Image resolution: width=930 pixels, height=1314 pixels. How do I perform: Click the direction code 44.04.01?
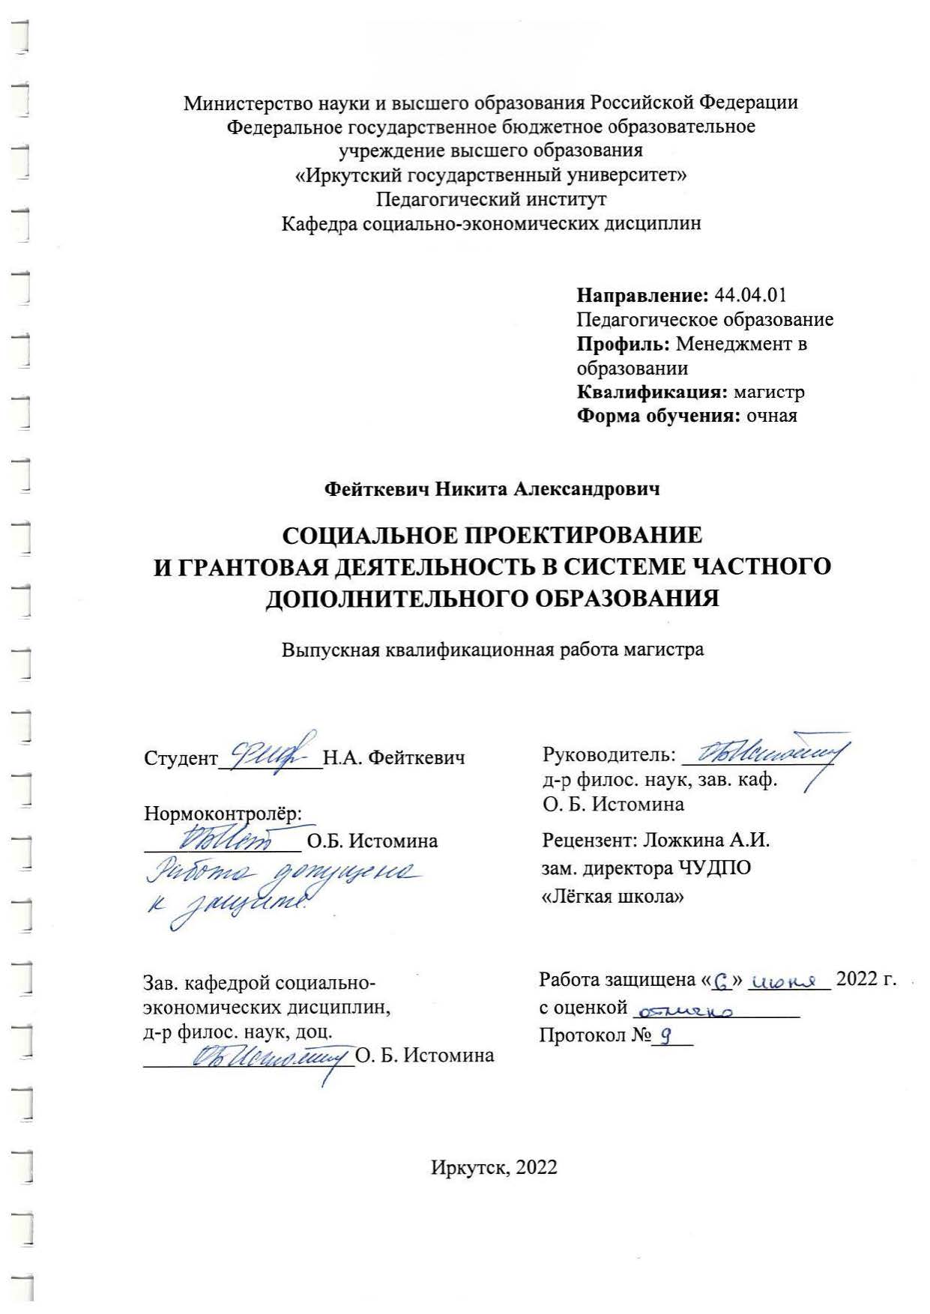751,295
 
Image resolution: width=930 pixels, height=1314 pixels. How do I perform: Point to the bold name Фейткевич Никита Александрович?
492,489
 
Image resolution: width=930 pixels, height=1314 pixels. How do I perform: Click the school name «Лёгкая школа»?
612,897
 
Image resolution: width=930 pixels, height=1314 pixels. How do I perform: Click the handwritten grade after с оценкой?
684,1011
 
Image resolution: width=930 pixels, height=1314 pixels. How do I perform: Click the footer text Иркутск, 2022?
494,1167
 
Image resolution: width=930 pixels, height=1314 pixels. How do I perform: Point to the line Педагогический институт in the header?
491,199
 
